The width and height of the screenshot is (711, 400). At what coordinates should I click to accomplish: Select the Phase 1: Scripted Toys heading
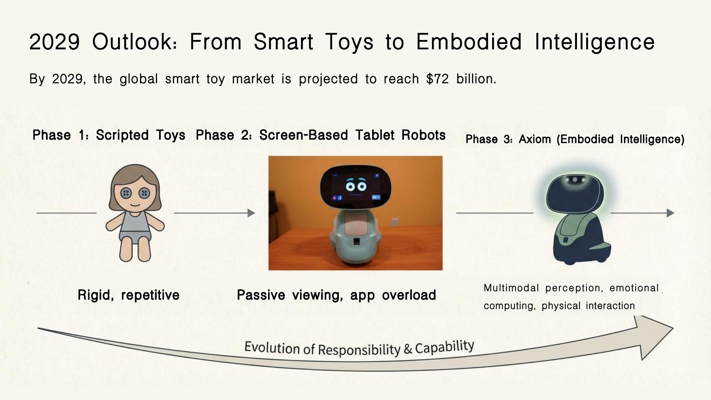(x=109, y=135)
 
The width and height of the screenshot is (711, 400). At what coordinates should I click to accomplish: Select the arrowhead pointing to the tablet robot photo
(x=251, y=213)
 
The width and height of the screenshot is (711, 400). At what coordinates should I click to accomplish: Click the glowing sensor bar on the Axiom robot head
(x=574, y=180)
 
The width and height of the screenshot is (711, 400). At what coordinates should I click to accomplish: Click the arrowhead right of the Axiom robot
(x=670, y=213)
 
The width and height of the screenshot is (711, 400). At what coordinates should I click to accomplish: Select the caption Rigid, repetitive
(x=128, y=295)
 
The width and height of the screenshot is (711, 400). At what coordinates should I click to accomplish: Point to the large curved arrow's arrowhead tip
(x=672, y=328)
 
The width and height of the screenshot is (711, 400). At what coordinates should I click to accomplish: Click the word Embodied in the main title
(x=468, y=41)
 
